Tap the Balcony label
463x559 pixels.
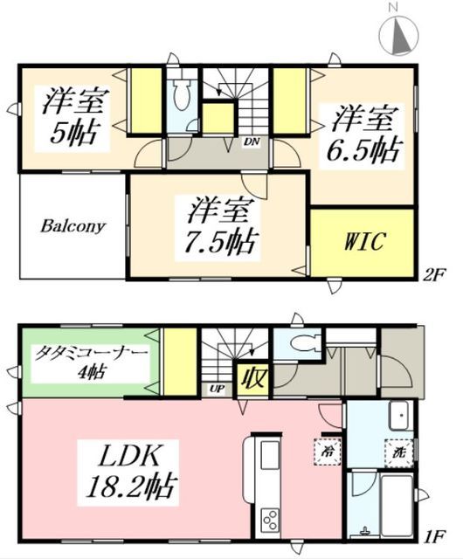[x=72, y=226]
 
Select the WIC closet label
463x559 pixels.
[x=363, y=241]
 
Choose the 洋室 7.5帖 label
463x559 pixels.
[x=223, y=225]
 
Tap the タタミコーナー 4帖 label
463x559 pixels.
[x=86, y=360]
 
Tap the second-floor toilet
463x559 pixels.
[x=182, y=96]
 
